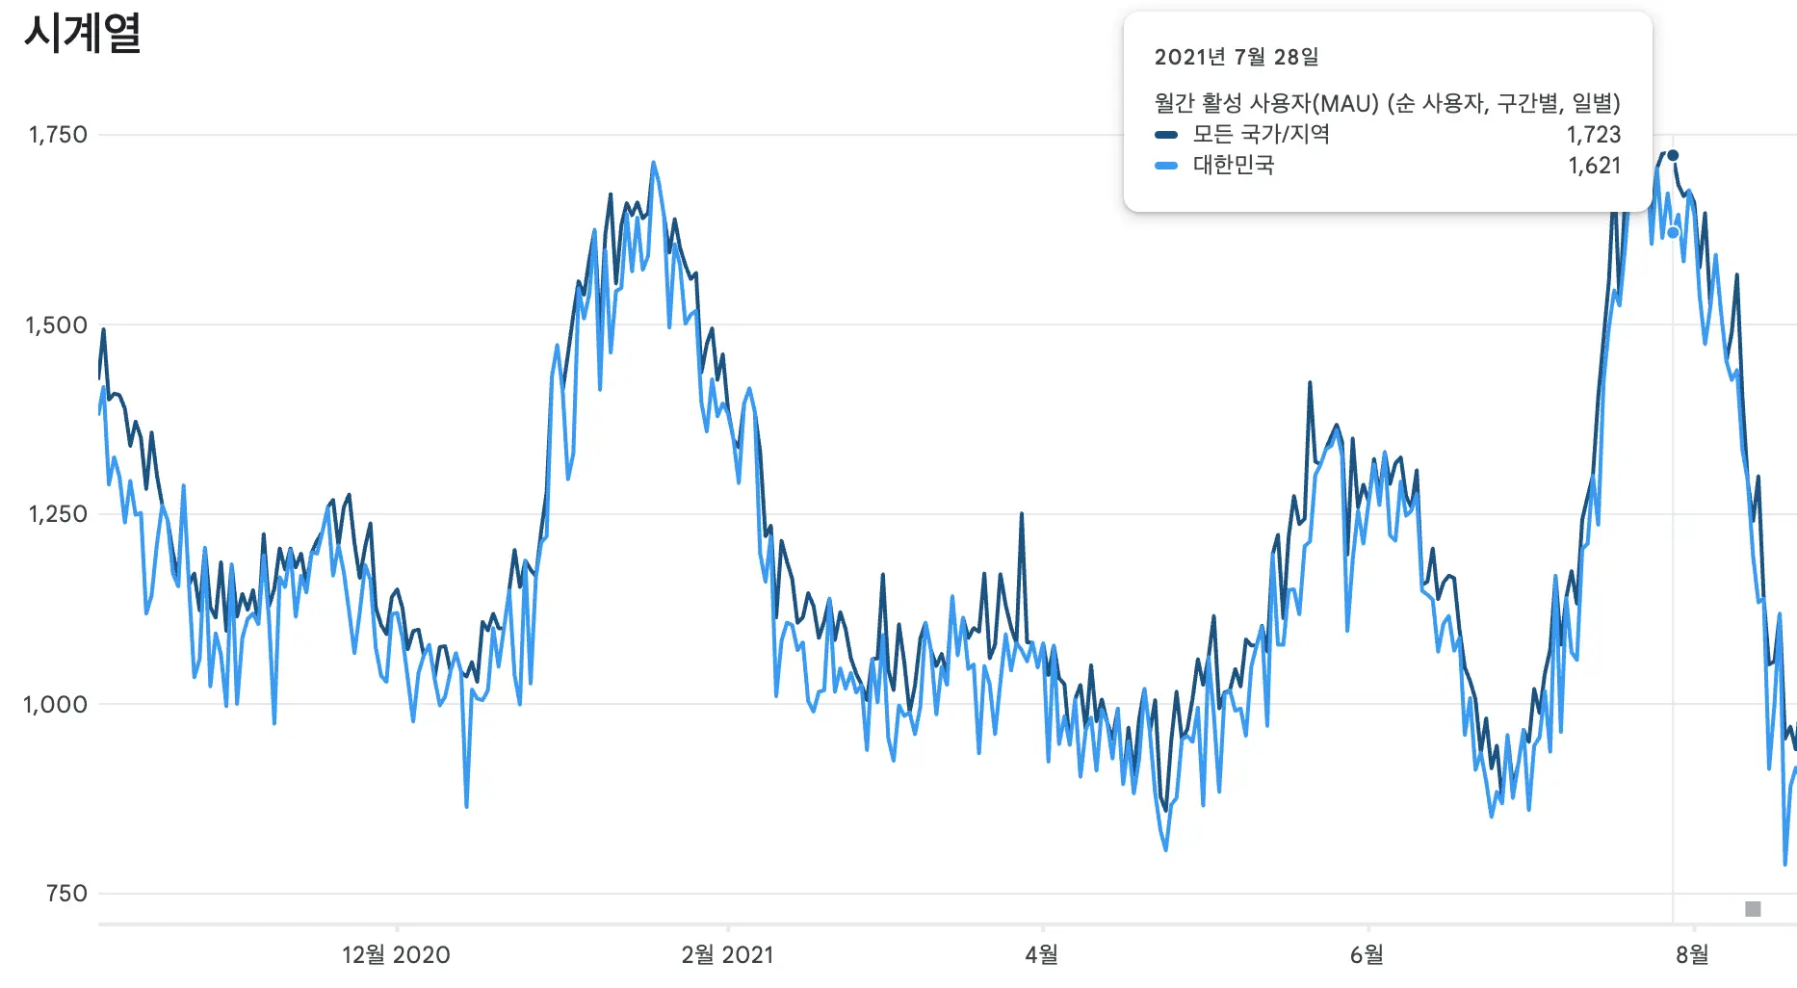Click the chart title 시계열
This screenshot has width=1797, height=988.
[x=83, y=34]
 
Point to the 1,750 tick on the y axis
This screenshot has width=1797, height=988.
[x=58, y=135]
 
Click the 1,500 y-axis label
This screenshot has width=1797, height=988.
[x=56, y=325]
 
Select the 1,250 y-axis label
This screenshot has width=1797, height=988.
[x=57, y=514]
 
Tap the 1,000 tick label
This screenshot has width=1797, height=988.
[x=55, y=705]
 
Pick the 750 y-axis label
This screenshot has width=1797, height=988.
[x=66, y=894]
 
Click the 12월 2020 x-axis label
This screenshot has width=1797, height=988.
[x=396, y=955]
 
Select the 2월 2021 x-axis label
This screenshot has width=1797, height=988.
[x=727, y=955]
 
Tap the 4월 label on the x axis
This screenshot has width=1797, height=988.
[x=1042, y=955]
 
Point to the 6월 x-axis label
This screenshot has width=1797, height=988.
[x=1367, y=955]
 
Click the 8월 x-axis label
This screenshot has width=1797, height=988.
[x=1692, y=955]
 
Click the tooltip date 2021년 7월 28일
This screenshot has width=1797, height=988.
[x=1237, y=58]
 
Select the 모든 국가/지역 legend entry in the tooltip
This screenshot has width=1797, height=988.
[x=1261, y=135]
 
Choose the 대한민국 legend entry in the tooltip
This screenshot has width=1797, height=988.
[x=1233, y=166]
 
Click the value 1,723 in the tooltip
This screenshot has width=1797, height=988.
[x=1594, y=135]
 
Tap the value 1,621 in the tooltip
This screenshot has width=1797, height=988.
[x=1595, y=166]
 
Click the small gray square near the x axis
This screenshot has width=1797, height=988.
[x=1753, y=909]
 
